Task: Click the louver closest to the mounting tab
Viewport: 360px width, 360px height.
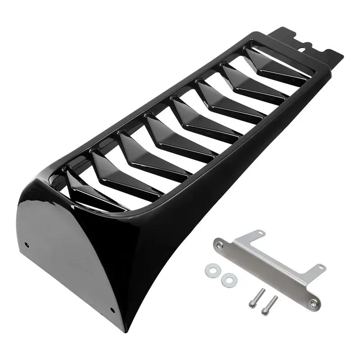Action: [x=274, y=67]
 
